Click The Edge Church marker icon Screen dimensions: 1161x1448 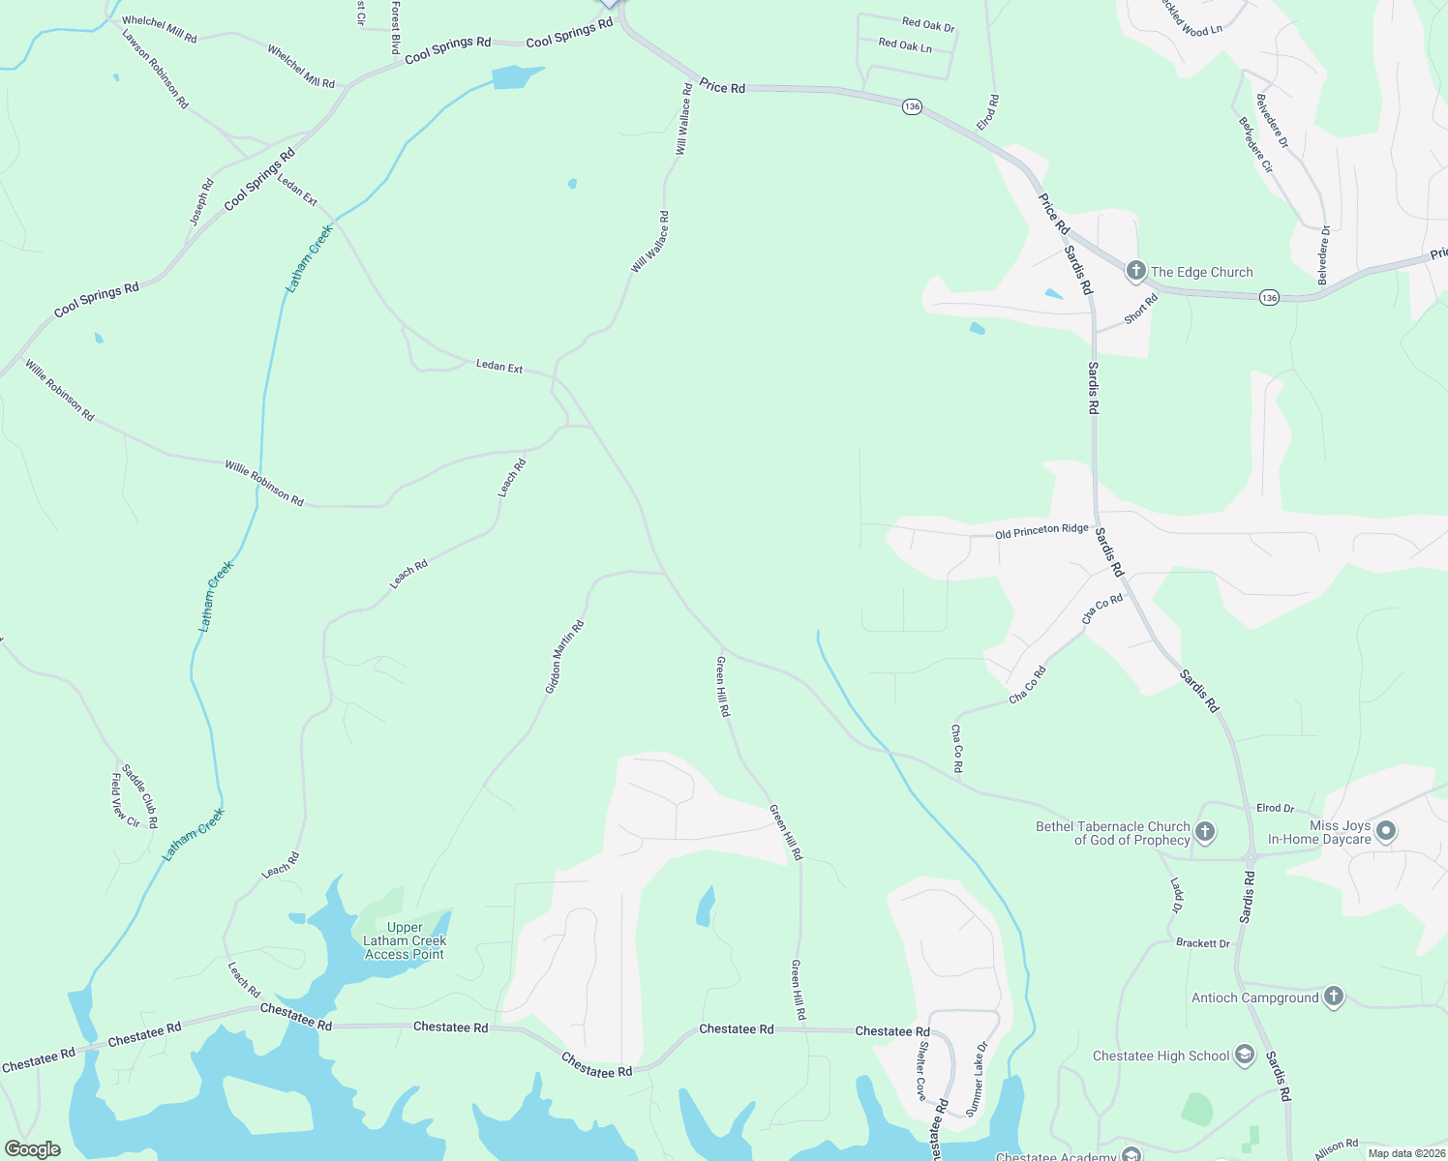pos(1136,272)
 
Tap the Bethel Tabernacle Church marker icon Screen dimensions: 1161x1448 pos(1205,832)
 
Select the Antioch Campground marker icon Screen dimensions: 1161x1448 pos(1334,997)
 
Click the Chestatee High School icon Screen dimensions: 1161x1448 pos(1245,1055)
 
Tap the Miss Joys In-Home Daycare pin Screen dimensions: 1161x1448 pos(1386,831)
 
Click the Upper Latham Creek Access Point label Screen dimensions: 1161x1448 pos(405,940)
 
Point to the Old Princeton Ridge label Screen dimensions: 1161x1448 pos(1041,531)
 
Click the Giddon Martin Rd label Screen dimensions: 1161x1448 pos(564,657)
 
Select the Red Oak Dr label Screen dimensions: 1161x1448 pos(928,24)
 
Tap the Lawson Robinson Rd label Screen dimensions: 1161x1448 pos(155,69)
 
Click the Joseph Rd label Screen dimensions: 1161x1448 pos(201,202)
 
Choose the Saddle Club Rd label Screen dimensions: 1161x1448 pos(139,796)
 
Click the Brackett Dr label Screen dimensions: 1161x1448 pos(1203,942)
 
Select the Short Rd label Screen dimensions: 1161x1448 pos(1141,310)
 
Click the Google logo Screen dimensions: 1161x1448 pos(33,1149)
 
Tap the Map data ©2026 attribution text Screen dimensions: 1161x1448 pos(1405,1153)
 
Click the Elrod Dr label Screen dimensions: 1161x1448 pos(1275,808)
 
